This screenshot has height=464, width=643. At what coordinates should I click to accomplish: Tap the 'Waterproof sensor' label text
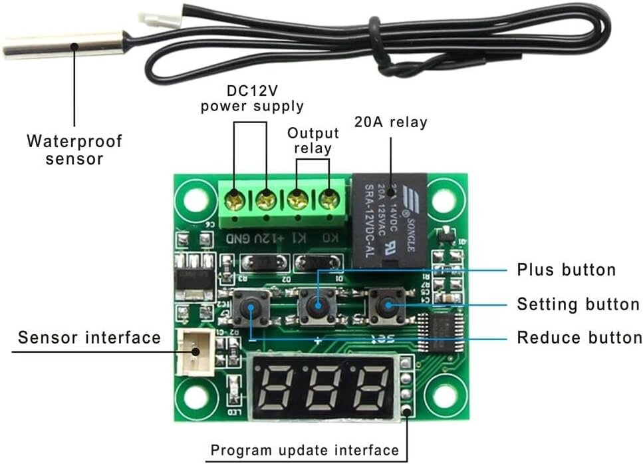click(74, 150)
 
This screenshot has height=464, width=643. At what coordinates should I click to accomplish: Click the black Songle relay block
click(389, 220)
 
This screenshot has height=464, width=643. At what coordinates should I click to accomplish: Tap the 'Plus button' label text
click(567, 270)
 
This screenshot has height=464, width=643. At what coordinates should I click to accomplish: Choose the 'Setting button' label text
click(578, 304)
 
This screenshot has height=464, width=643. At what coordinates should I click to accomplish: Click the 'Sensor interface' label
click(89, 338)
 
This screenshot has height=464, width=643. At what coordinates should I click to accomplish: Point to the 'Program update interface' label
click(305, 450)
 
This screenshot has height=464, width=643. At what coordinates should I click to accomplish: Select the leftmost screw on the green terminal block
click(235, 198)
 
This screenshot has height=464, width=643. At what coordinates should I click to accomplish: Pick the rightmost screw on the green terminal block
click(327, 198)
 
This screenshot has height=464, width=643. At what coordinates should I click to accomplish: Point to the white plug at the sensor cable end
click(169, 19)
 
